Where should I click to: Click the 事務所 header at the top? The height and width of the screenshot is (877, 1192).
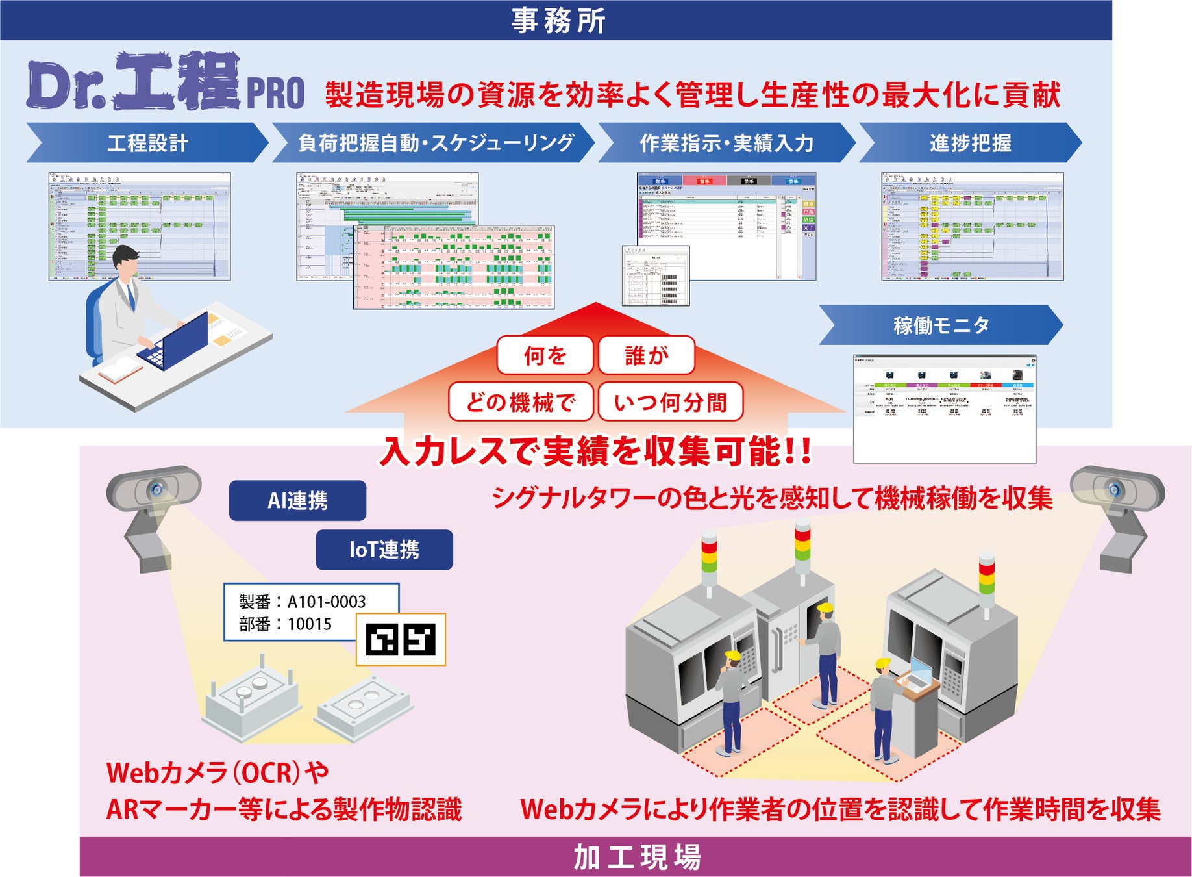(557, 20)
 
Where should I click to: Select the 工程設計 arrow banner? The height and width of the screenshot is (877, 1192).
(147, 143)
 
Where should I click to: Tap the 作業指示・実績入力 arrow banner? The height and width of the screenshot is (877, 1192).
(726, 143)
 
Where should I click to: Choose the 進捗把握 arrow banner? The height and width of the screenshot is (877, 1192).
(970, 143)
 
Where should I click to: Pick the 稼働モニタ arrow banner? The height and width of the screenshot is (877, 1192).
(941, 325)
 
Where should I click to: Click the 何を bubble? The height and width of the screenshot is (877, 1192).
(545, 355)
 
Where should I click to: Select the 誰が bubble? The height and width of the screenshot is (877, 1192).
(646, 355)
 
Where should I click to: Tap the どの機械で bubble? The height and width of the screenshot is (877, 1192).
(521, 402)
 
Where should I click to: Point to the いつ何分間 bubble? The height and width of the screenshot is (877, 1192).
(670, 402)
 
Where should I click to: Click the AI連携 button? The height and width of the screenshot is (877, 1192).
(297, 500)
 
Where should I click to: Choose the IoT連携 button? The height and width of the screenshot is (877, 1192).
(384, 550)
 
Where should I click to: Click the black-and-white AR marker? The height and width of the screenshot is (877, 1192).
(401, 639)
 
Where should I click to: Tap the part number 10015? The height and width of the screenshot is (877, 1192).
(310, 624)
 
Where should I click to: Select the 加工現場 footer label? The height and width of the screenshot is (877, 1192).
(636, 857)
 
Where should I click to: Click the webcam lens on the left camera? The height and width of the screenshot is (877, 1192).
(156, 489)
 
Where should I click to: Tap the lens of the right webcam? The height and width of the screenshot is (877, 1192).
(1114, 489)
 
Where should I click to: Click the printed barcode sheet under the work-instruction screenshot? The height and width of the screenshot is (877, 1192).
(656, 275)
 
